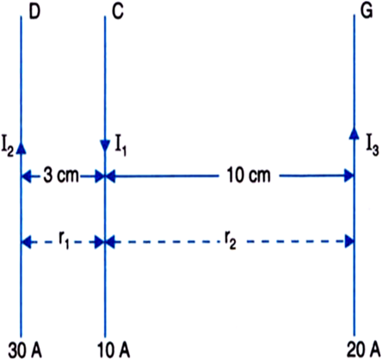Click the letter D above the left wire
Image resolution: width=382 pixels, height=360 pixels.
(x=34, y=12)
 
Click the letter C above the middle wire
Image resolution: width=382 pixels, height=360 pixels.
(x=118, y=12)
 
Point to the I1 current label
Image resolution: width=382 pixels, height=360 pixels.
(x=120, y=147)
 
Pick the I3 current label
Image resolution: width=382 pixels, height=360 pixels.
(x=373, y=147)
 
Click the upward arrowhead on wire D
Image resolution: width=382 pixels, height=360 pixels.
(x=21, y=147)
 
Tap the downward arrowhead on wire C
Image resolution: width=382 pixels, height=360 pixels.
(x=105, y=146)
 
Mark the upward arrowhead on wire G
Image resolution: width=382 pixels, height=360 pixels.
(x=354, y=133)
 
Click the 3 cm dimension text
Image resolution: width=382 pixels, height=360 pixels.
(x=61, y=175)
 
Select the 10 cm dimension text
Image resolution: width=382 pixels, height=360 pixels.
(x=249, y=175)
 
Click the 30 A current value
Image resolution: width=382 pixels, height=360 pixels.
(x=25, y=351)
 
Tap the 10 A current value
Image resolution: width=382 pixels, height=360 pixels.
(x=114, y=351)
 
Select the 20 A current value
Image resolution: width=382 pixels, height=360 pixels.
(x=363, y=351)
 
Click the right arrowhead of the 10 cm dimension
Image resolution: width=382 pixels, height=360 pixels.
(x=348, y=176)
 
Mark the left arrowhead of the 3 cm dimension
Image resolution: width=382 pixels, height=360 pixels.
(x=27, y=177)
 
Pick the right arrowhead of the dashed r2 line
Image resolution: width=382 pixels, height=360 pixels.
(x=348, y=243)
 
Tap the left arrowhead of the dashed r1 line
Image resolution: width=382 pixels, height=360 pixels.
(x=27, y=243)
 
